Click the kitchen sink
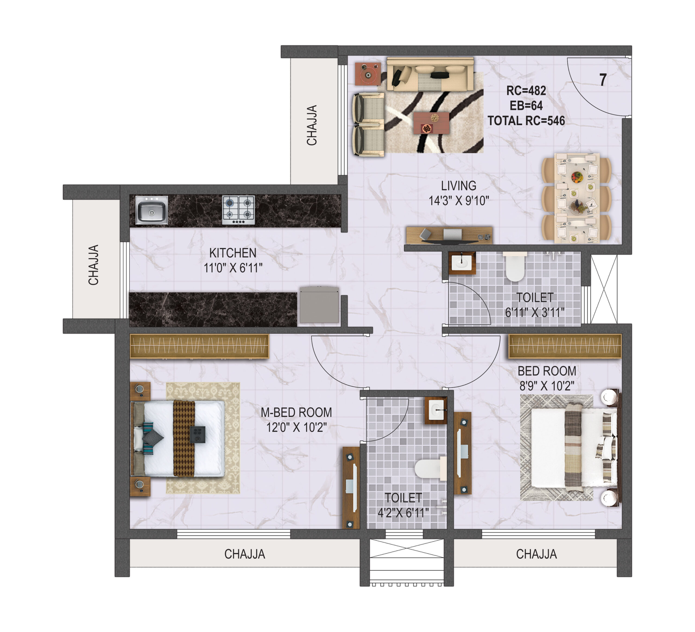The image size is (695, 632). [152, 210]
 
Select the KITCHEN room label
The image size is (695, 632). [233, 253]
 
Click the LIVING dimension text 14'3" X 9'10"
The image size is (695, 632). [459, 201]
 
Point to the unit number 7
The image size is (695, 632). [603, 80]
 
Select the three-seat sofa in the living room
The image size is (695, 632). [430, 74]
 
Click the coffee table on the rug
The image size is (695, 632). [431, 122]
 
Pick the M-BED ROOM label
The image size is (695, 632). [296, 412]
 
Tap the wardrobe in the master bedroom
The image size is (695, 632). [199, 346]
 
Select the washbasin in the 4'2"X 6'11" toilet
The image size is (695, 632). [436, 411]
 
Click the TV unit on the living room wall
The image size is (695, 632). [449, 235]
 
